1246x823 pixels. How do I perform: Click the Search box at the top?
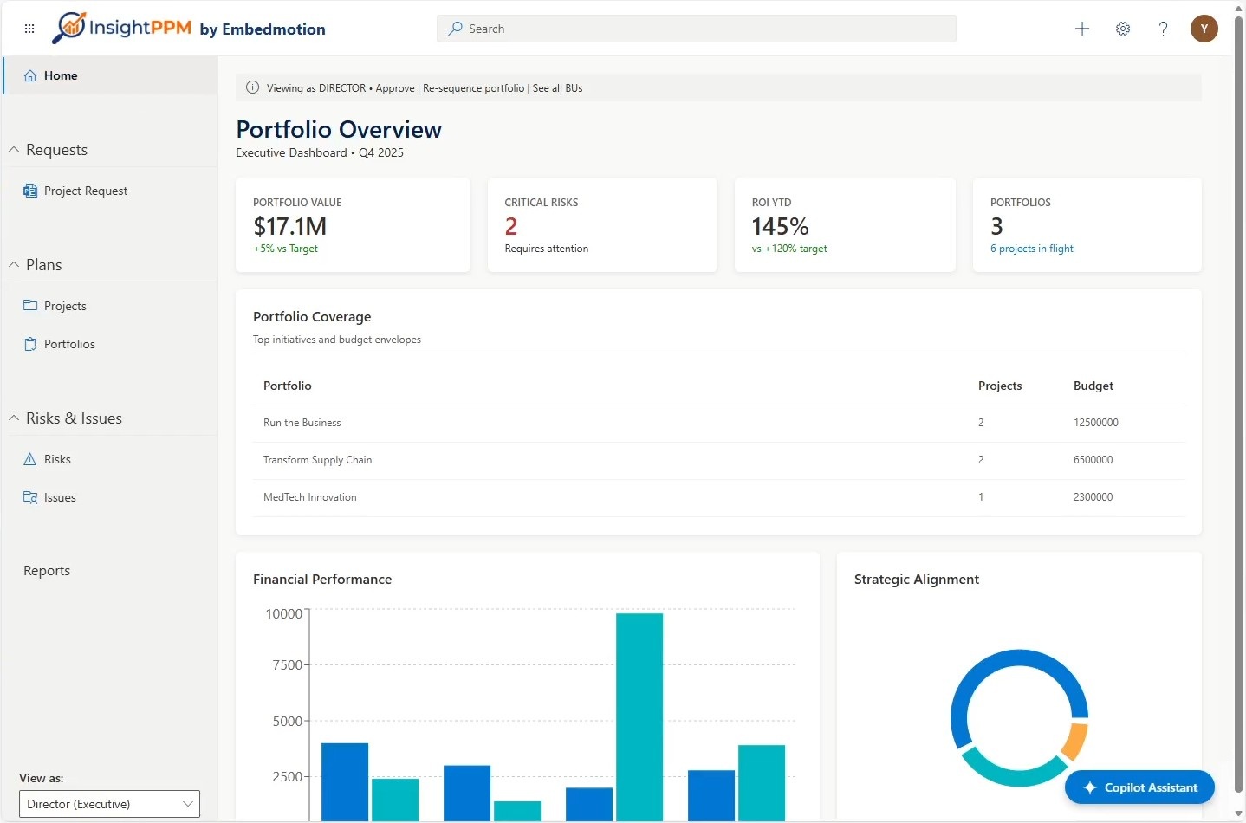(696, 29)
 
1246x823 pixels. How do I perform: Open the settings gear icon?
(1122, 29)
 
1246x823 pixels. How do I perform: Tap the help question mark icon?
(1163, 29)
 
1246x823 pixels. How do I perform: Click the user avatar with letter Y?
(1204, 29)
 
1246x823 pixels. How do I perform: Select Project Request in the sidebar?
(86, 191)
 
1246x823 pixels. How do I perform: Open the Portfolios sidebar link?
(69, 344)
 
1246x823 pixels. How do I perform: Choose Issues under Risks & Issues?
(60, 497)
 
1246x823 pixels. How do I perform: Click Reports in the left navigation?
(47, 571)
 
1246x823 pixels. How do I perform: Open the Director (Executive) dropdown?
(109, 804)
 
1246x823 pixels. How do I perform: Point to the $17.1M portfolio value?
(289, 226)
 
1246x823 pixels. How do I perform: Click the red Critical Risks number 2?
(510, 226)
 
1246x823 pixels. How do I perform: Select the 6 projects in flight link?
(1031, 249)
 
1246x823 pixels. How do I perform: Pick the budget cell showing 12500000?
(1095, 423)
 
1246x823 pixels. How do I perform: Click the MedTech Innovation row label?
(310, 497)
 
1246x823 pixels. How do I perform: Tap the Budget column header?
(1093, 386)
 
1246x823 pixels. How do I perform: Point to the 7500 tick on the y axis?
(287, 665)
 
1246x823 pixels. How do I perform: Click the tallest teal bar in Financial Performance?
(639, 716)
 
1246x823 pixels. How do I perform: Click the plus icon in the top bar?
(1082, 29)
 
